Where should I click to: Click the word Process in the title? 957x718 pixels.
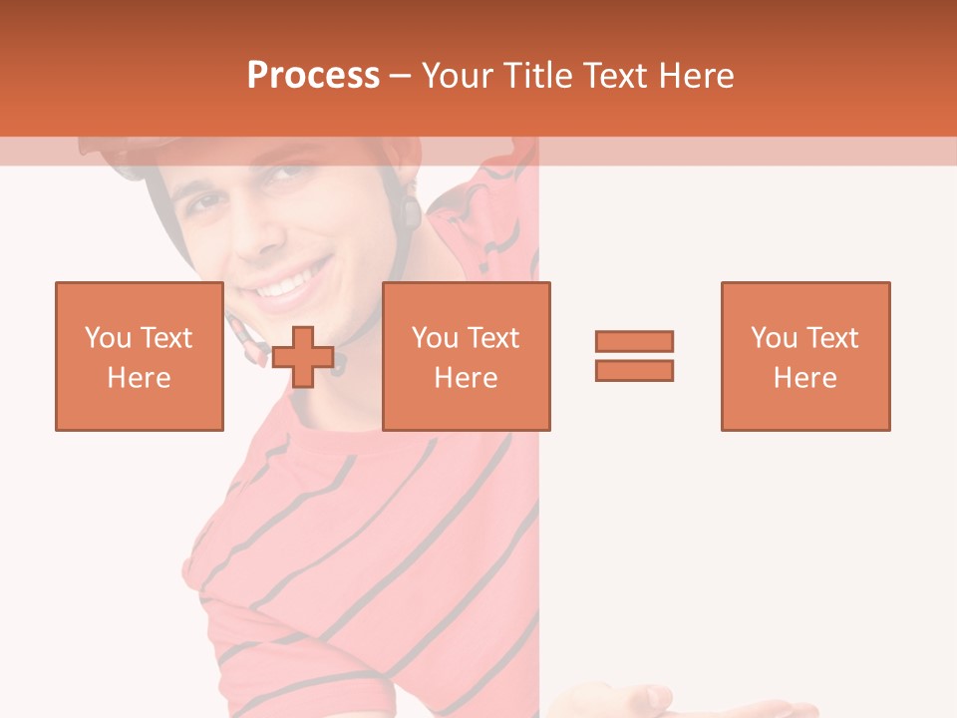(x=313, y=76)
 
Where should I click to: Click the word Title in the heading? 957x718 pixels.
(x=543, y=76)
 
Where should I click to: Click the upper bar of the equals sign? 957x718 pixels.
(x=634, y=341)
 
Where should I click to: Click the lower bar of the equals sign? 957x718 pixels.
(x=634, y=370)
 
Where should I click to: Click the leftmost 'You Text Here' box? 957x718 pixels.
(x=139, y=356)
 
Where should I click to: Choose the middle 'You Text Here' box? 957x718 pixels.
(x=466, y=356)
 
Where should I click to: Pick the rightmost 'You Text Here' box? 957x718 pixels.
(x=804, y=356)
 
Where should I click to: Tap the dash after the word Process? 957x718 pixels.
(x=400, y=76)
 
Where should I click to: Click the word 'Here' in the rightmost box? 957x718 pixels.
(x=804, y=378)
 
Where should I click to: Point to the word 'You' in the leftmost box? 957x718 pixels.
(x=108, y=338)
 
